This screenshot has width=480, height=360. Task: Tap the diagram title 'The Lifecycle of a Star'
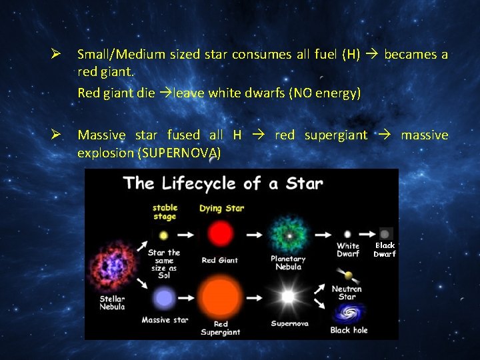pyautogui.click(x=223, y=183)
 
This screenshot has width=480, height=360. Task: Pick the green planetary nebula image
pyautogui.click(x=288, y=235)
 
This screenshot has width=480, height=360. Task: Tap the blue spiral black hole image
pyautogui.click(x=347, y=313)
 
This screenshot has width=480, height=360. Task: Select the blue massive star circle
pyautogui.click(x=164, y=297)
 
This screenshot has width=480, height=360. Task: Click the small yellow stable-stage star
pyautogui.click(x=164, y=235)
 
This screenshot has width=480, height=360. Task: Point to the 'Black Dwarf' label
pyautogui.click(x=385, y=249)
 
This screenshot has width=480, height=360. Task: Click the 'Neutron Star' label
pyautogui.click(x=347, y=292)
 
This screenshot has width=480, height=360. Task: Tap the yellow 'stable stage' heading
pyautogui.click(x=165, y=211)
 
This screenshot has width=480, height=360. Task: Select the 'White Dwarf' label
pyautogui.click(x=347, y=249)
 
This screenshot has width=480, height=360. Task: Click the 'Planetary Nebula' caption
pyautogui.click(x=288, y=263)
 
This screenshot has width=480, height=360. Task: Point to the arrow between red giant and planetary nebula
pyautogui.click(x=254, y=235)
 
